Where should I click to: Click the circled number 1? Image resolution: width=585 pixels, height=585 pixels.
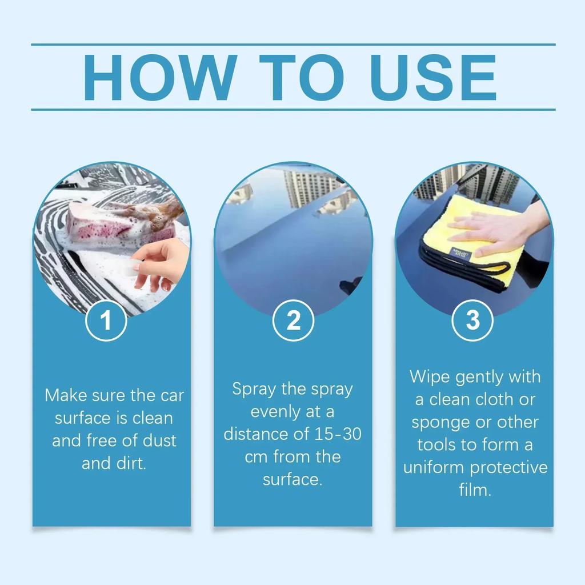point(106,321)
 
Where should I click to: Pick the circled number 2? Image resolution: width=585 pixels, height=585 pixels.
point(292,321)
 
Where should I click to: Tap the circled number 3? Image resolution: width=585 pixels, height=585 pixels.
point(473,321)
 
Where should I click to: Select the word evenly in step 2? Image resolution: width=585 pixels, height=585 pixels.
point(275,412)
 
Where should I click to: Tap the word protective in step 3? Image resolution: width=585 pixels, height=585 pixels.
point(510,468)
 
